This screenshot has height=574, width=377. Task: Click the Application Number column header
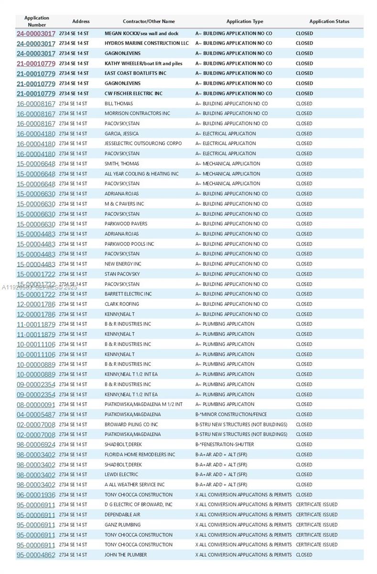(x=37, y=22)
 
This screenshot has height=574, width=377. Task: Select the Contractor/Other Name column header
(x=149, y=22)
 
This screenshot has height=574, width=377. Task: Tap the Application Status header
(x=329, y=22)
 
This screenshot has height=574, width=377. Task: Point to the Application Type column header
(x=245, y=22)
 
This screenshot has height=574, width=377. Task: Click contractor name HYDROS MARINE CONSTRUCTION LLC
(x=147, y=44)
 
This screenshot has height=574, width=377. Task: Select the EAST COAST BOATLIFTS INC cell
(x=135, y=74)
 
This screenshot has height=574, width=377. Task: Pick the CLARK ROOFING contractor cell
(x=122, y=304)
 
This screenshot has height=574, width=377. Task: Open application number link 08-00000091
(x=36, y=405)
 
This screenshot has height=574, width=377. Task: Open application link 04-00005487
(x=36, y=415)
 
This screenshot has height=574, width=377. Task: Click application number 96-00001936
(x=36, y=495)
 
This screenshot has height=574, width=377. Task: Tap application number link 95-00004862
(x=36, y=555)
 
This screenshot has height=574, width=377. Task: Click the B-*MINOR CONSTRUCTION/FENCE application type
(x=231, y=415)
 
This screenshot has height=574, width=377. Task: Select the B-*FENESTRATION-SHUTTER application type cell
(x=225, y=445)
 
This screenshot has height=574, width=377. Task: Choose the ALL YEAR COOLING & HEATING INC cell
(x=141, y=174)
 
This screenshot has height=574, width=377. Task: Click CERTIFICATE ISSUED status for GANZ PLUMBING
(x=316, y=525)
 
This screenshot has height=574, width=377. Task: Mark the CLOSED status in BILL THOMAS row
(x=304, y=104)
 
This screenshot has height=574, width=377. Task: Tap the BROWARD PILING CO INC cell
(x=131, y=425)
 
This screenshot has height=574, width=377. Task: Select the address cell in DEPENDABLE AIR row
(x=73, y=515)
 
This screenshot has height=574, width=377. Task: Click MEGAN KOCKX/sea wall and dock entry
(x=141, y=33)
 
